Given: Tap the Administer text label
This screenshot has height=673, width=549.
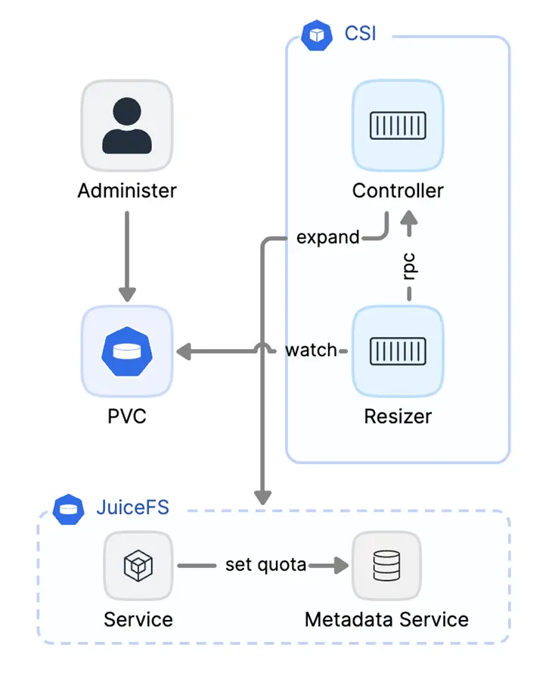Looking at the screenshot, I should click(x=127, y=191).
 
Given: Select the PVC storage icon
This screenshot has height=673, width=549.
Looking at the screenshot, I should click(x=127, y=351).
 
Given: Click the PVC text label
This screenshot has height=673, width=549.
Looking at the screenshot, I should click(x=127, y=415).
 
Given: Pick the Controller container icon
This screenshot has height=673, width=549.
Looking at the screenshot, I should click(x=398, y=125).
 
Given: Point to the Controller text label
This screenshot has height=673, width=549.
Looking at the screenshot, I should click(x=398, y=191).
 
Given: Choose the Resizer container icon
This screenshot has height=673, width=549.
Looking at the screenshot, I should click(x=398, y=351).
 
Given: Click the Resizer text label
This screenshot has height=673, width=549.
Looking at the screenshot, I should click(x=398, y=415).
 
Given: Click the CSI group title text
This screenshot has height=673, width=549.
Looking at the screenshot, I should click(x=361, y=34).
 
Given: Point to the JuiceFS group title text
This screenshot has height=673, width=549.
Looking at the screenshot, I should click(x=132, y=507).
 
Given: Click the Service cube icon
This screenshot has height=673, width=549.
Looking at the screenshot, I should click(x=138, y=566).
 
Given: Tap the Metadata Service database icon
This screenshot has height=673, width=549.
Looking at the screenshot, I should click(x=386, y=566).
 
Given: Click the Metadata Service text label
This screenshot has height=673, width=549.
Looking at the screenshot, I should click(x=386, y=620).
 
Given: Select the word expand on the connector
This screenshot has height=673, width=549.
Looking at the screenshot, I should click(x=327, y=237).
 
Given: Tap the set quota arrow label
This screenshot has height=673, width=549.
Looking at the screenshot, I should click(x=265, y=565).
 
